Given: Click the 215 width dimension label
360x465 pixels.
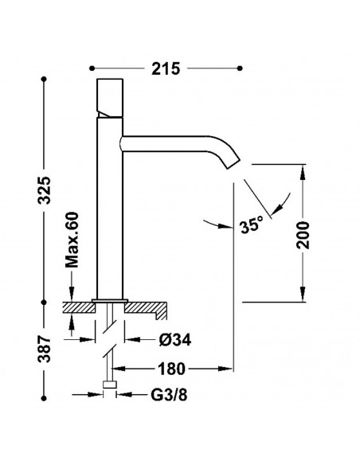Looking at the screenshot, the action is pyautogui.click(x=166, y=68).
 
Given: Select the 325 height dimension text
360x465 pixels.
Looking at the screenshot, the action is pyautogui.click(x=45, y=190).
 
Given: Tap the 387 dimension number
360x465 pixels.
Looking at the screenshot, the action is pyautogui.click(x=45, y=349).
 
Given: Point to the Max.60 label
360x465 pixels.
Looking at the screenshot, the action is pyautogui.click(x=72, y=240).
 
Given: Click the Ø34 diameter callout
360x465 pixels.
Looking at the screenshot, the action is pyautogui.click(x=175, y=339).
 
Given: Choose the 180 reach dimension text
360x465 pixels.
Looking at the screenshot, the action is pyautogui.click(x=171, y=369).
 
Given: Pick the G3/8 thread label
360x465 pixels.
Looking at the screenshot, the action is pyautogui.click(x=169, y=395).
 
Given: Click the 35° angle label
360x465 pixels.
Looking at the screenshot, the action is pyautogui.click(x=252, y=225).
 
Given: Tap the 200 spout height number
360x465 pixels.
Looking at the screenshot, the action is pyautogui.click(x=303, y=235).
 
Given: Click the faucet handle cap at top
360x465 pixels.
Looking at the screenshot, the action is pyautogui.click(x=110, y=98).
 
